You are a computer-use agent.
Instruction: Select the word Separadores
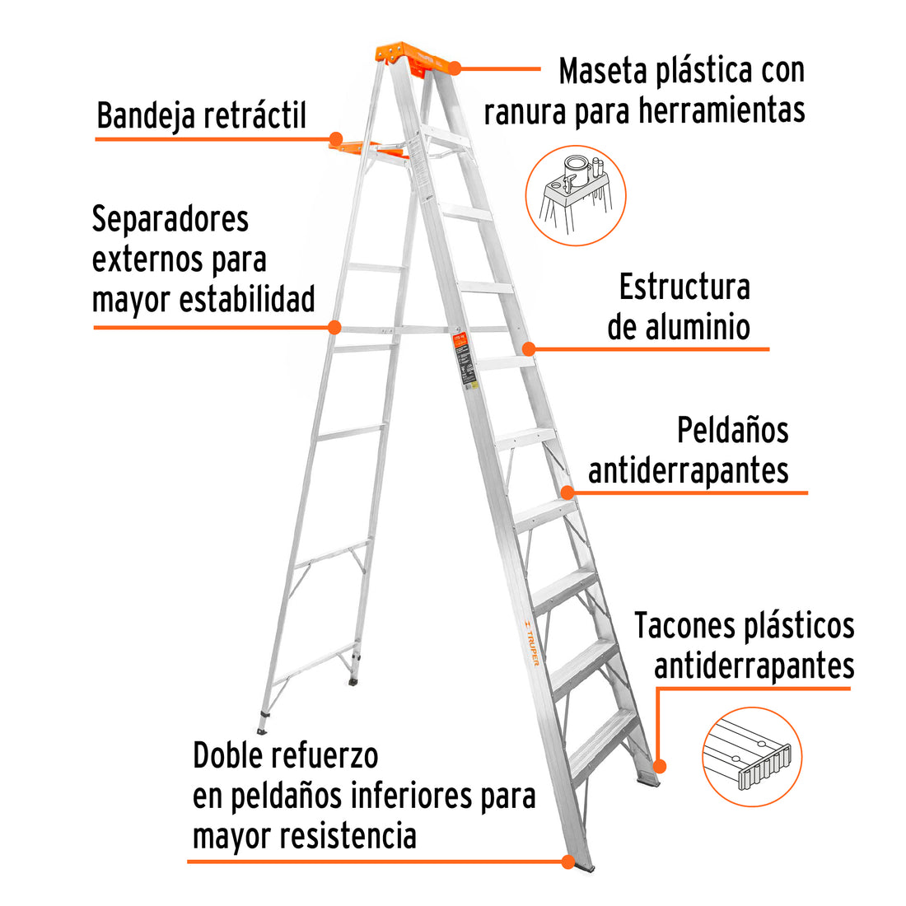tap(170, 220)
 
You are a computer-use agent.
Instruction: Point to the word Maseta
tap(602, 72)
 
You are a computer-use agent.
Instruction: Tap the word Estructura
tap(684, 287)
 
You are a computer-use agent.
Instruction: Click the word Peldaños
tap(732, 431)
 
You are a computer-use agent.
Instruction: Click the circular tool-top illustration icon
tap(576, 195)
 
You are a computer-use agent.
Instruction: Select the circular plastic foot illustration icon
tap(752, 756)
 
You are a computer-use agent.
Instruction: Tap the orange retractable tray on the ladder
tap(371, 148)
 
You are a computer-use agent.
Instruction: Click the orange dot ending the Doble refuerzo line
tap(567, 862)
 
